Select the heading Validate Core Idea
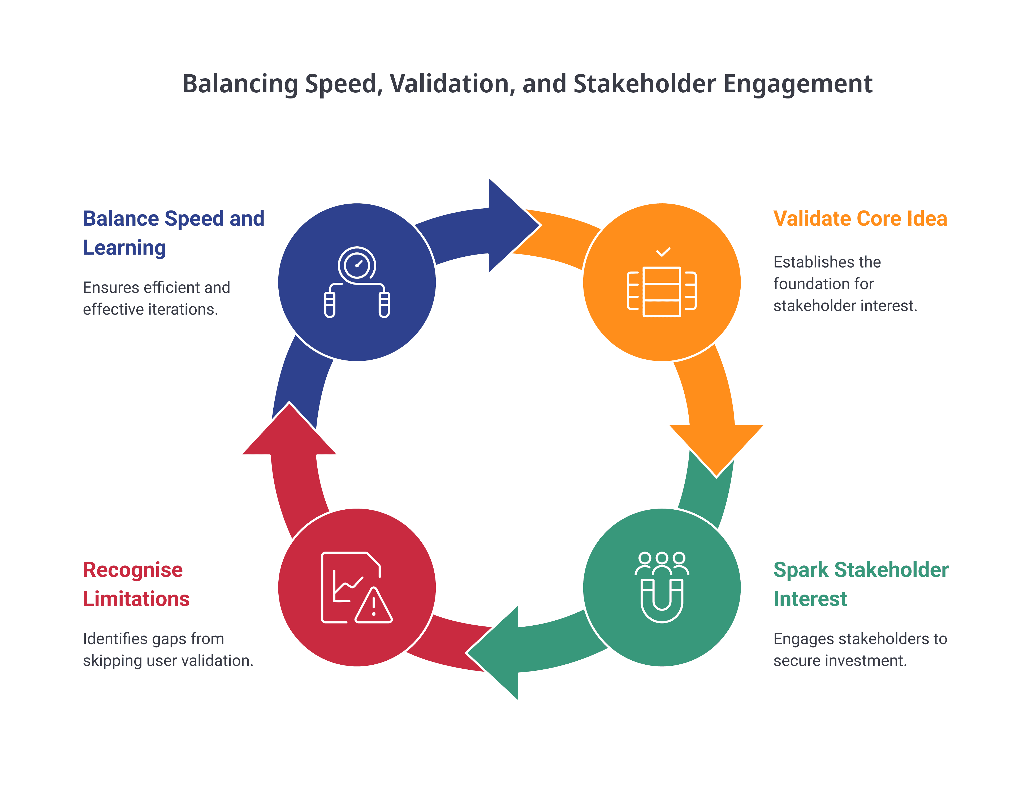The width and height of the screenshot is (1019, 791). (x=860, y=218)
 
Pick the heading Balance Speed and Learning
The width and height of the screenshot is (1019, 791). (x=174, y=233)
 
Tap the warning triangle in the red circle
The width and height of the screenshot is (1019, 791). (x=373, y=606)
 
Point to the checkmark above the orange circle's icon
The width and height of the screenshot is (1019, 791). (x=663, y=252)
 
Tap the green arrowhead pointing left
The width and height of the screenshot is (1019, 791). (x=492, y=652)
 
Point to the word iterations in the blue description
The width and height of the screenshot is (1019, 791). (x=183, y=309)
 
